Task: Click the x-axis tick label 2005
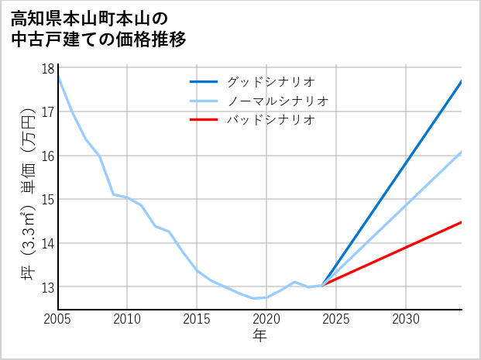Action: click(57, 319)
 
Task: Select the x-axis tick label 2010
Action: click(127, 319)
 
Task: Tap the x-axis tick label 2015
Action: click(197, 319)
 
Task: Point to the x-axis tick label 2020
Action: click(266, 319)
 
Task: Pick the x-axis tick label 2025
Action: click(336, 319)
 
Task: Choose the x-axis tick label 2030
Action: click(406, 319)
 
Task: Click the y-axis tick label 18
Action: click(47, 68)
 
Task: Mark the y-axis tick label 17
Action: click(47, 112)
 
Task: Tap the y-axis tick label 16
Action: click(47, 156)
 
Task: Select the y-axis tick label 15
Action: click(47, 200)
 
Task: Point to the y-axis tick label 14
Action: click(47, 243)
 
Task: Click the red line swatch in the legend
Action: click(204, 120)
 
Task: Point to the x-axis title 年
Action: click(259, 335)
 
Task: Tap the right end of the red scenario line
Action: click(461, 222)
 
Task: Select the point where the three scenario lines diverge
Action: click(322, 285)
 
